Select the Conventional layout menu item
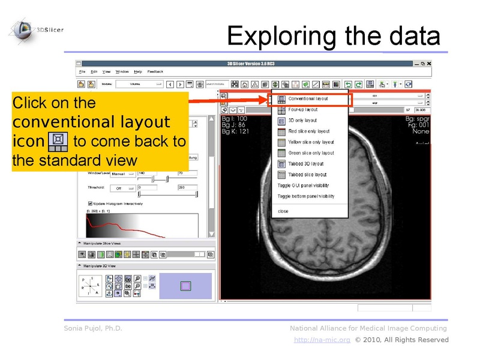[308, 98]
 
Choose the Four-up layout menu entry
[302, 109]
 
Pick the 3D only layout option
[302, 120]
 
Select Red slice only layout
[308, 131]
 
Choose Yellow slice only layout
[311, 142]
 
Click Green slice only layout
[311, 153]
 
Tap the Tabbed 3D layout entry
[305, 164]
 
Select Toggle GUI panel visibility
[306, 185]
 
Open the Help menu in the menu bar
[138, 71]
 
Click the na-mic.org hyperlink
[322, 340]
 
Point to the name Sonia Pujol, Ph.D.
[92, 328]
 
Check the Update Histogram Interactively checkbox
[90, 203]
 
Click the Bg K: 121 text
[235, 131]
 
